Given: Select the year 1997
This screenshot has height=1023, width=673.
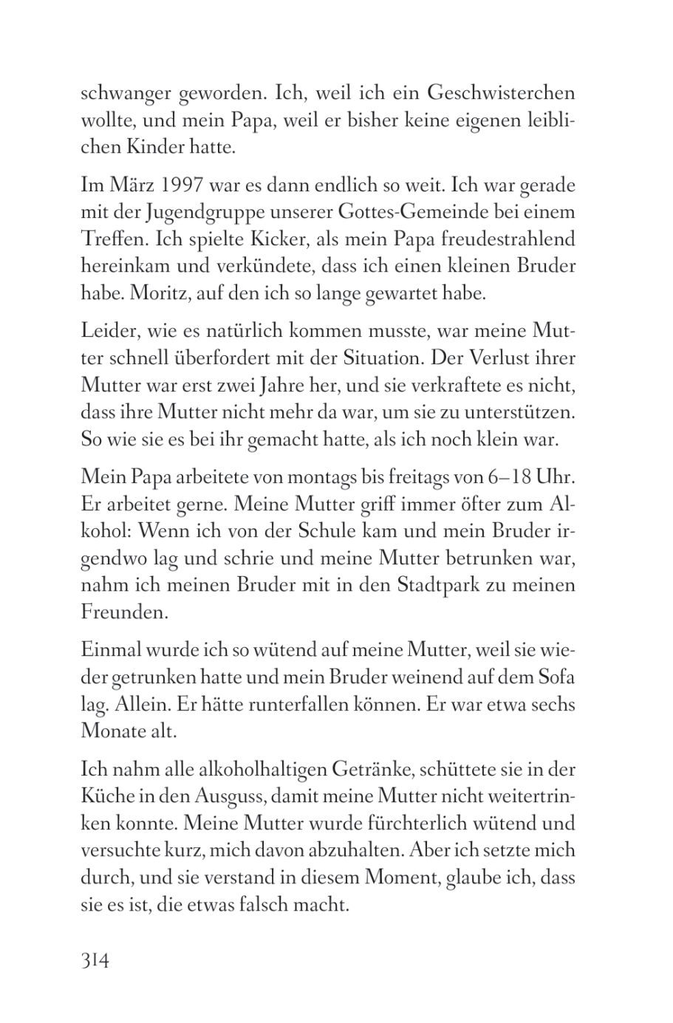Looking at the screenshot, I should (x=173, y=185).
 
